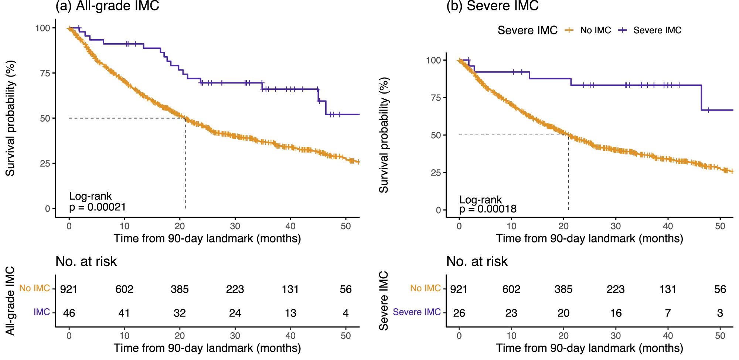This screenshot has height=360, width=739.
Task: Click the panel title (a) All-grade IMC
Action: pyautogui.click(x=107, y=6)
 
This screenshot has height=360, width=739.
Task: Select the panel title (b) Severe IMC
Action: pyautogui.click(x=492, y=6)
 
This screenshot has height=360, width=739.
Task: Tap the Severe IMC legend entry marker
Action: pyautogui.click(x=623, y=30)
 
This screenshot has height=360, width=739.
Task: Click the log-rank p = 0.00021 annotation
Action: pyautogui.click(x=98, y=202)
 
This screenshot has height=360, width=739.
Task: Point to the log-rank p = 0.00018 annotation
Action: pyautogui.click(x=488, y=205)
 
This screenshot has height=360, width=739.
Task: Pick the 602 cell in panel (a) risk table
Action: pyautogui.click(x=124, y=289)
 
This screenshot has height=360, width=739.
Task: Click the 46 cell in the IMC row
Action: pyautogui.click(x=69, y=313)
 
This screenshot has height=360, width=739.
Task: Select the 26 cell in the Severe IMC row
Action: pyautogui.click(x=459, y=313)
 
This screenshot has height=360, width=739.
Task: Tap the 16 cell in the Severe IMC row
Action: pyautogui.click(x=616, y=313)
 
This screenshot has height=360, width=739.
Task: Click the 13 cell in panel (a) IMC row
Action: pyautogui.click(x=290, y=313)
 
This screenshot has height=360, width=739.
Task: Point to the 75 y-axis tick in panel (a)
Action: pyautogui.click(x=45, y=73)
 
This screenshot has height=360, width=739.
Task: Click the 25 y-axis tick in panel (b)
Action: pyautogui.click(x=436, y=173)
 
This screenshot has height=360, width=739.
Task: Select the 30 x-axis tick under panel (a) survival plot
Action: pyautogui.click(x=235, y=226)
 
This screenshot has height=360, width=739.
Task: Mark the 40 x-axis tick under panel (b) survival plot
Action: pyautogui.click(x=668, y=226)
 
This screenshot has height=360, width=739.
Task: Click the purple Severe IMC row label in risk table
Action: pyautogui.click(x=416, y=312)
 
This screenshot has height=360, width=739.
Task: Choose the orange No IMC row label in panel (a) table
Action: pyautogui.click(x=34, y=288)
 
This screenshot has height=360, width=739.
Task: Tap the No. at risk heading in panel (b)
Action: pyautogui.click(x=477, y=262)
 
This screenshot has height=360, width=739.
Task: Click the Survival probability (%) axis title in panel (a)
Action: pyautogui.click(x=10, y=118)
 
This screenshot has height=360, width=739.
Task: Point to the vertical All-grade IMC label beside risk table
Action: pyautogui.click(x=10, y=301)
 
